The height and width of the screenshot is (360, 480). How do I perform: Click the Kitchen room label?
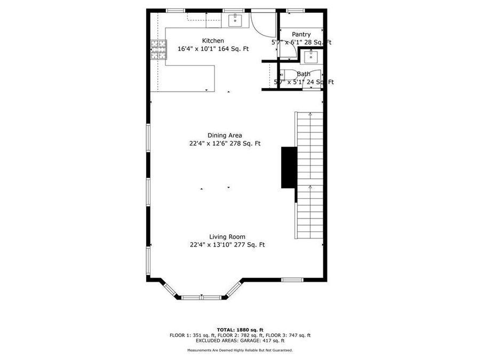click(213, 41)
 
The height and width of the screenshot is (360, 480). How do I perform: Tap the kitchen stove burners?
click(158, 51)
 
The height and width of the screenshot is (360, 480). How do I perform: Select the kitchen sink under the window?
click(235, 21)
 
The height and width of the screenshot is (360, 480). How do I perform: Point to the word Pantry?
click(301, 35)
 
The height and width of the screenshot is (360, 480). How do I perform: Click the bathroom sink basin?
click(309, 57)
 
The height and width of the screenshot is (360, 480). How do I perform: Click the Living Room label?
click(227, 237)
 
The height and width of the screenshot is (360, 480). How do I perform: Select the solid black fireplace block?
click(289, 167)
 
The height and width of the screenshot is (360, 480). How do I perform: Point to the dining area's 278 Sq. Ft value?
click(245, 143)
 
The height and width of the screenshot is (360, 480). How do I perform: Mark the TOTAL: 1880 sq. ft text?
click(239, 330)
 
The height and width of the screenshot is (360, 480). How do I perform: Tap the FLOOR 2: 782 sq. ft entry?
click(233, 335)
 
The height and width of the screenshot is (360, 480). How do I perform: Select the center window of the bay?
click(202, 297)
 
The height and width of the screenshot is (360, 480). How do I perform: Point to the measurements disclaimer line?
click(239, 350)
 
